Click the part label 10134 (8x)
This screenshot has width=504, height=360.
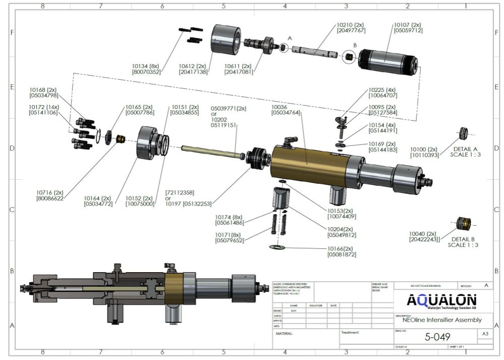click(146, 66)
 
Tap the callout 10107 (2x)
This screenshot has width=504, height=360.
click(408, 24)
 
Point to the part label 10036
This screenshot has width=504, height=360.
click(279, 107)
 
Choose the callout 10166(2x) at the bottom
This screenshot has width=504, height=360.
click(342, 248)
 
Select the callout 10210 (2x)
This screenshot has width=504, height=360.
click(351, 24)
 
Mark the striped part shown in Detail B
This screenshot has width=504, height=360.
click(463, 223)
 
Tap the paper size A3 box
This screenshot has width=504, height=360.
click(485, 334)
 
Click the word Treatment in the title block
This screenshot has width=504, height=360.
click(350, 333)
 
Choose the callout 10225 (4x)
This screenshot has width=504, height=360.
click(383, 89)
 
